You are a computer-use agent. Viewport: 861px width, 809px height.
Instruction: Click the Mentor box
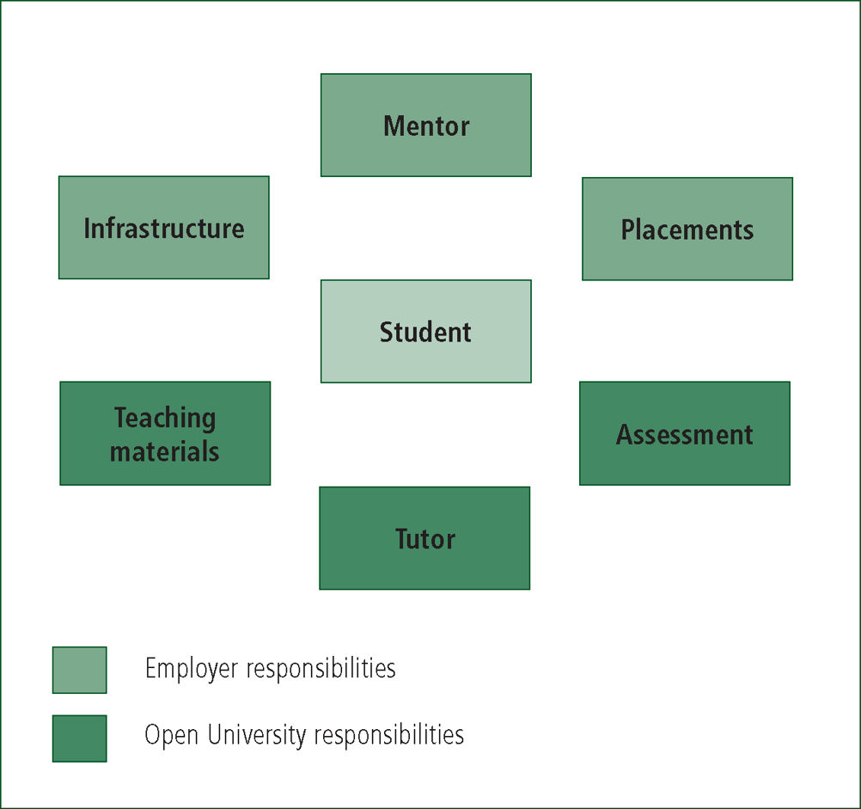click(x=426, y=126)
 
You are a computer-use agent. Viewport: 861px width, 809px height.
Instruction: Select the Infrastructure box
click(x=164, y=227)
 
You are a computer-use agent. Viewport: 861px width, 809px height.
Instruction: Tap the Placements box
click(x=687, y=229)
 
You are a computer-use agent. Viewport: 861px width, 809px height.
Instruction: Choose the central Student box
click(x=426, y=331)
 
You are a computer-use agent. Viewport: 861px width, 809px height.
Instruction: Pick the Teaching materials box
click(x=165, y=433)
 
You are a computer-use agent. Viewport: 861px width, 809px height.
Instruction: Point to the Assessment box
click(x=685, y=433)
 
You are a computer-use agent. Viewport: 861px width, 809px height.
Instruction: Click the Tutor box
click(x=425, y=538)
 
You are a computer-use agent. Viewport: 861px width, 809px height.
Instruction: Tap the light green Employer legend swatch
click(x=80, y=670)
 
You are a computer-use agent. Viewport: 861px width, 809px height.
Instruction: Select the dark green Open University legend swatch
click(x=80, y=739)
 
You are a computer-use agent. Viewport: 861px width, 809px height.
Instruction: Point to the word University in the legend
click(x=257, y=736)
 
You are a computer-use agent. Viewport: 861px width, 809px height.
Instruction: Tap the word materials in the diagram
click(x=165, y=451)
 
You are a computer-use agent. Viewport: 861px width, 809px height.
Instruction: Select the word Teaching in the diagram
click(x=165, y=419)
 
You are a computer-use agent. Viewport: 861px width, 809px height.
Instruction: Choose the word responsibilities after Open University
click(x=389, y=736)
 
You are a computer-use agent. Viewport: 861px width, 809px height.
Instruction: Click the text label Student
click(x=425, y=332)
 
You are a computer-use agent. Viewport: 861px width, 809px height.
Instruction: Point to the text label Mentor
click(x=427, y=126)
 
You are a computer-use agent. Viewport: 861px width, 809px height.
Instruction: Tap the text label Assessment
click(x=685, y=434)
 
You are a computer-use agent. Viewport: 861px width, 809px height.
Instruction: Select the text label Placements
click(x=687, y=230)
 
